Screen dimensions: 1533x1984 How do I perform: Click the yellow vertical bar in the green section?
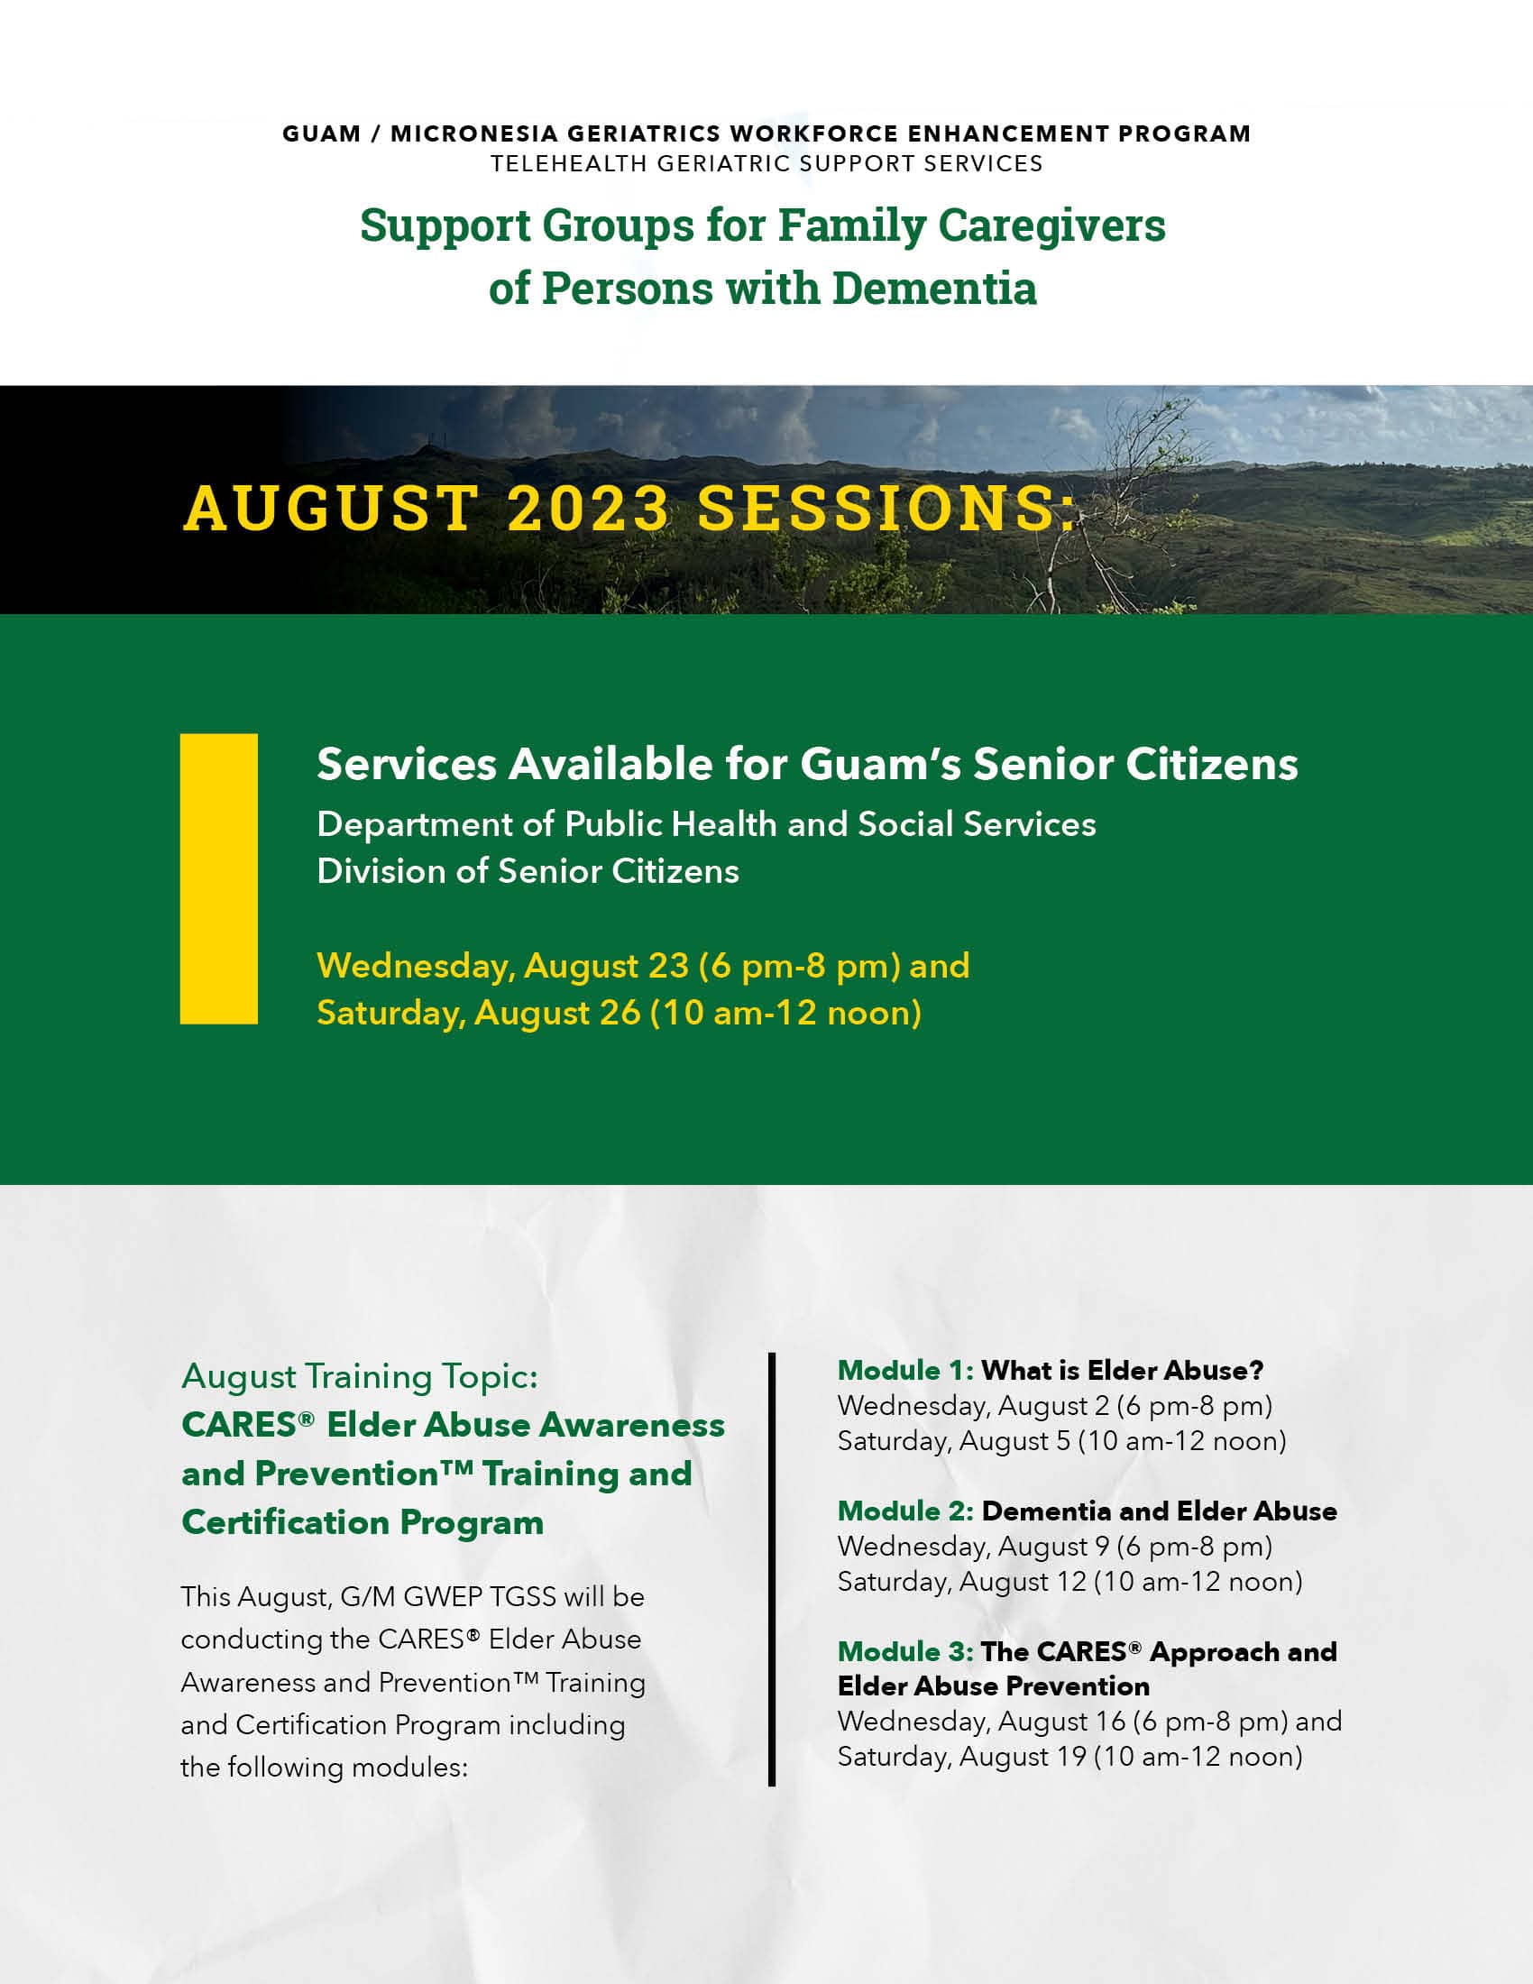tap(219, 878)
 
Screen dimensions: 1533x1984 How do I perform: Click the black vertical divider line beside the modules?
tap(772, 1569)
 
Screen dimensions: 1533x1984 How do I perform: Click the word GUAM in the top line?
tap(322, 133)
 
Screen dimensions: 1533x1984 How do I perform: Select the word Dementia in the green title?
tap(933, 288)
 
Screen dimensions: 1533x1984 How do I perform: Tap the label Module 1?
tap(905, 1371)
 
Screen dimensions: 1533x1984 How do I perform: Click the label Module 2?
tap(905, 1511)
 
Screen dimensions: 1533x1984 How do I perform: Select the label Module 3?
tap(905, 1652)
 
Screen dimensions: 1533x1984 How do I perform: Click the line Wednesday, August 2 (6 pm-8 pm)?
tap(1054, 1406)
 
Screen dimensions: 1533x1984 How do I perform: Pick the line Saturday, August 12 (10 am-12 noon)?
tap(1069, 1583)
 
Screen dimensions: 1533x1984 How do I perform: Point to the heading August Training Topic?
tap(360, 1377)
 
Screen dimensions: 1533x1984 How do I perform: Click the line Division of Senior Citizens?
tap(528, 871)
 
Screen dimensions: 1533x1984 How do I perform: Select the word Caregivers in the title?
tap(1051, 226)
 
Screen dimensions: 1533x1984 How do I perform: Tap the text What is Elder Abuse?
tap(1123, 1371)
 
